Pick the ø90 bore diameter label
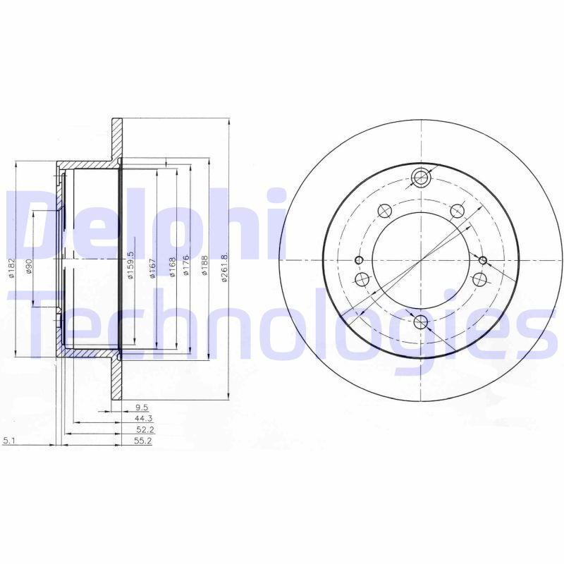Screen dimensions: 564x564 (x=30, y=266)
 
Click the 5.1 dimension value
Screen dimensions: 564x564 (x=9, y=441)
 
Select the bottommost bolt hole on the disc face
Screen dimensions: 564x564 (x=422, y=323)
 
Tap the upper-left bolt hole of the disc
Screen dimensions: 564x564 (x=384, y=210)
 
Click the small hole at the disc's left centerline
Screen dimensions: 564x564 (x=358, y=261)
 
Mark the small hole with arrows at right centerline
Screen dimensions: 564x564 (x=484, y=261)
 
